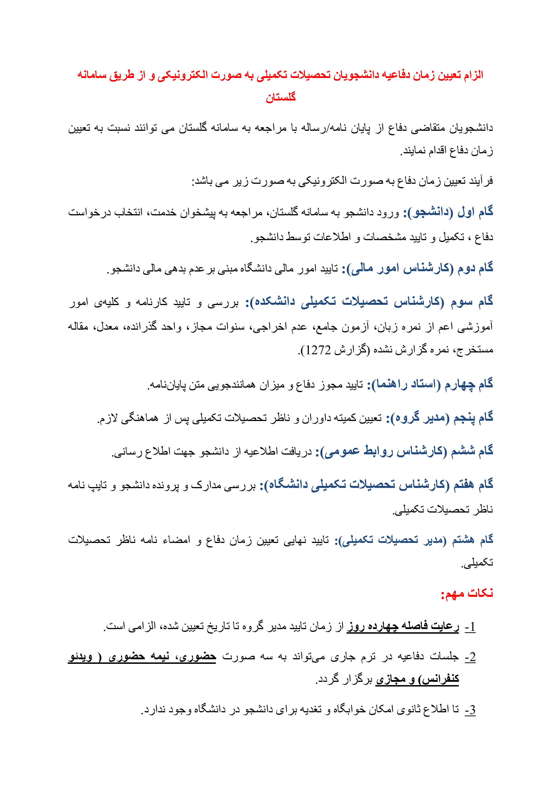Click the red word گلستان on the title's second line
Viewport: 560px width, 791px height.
point(280,97)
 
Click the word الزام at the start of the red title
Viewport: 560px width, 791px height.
point(473,75)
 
